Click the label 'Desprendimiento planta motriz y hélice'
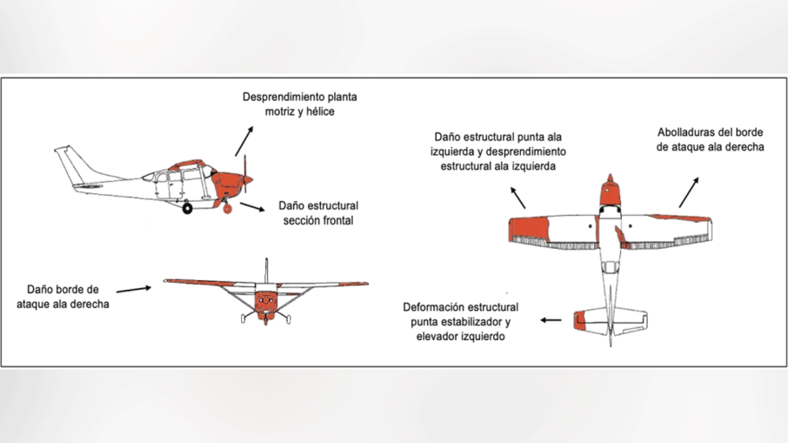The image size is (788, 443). click(x=299, y=104)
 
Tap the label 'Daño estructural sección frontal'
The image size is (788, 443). click(x=318, y=213)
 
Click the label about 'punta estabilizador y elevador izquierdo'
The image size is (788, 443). click(x=461, y=321)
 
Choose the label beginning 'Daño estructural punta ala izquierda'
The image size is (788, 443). click(x=499, y=151)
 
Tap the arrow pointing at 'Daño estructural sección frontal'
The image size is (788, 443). click(x=252, y=208)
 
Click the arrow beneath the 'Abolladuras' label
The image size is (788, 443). click(x=688, y=191)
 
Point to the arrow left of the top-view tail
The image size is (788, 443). click(x=550, y=320)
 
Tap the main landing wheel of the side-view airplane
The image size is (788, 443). click(x=187, y=207)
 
